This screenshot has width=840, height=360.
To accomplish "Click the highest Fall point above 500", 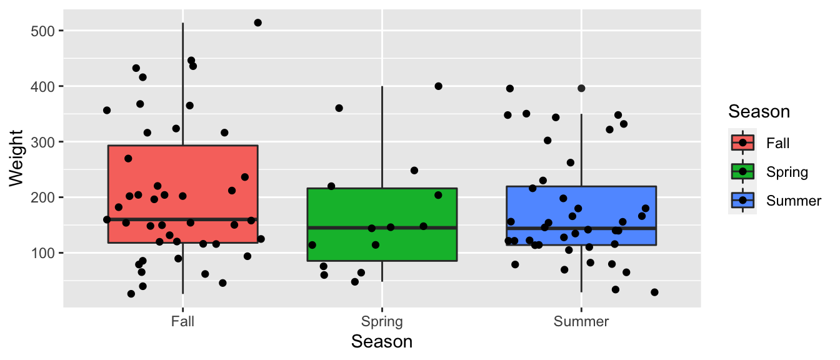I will tap(257, 22).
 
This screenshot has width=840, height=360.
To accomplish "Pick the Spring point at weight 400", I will tap(438, 86).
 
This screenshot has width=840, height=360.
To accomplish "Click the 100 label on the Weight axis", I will tap(43, 253).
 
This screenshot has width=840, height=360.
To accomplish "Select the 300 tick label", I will tap(43, 142).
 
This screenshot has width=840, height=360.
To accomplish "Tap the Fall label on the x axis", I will tap(182, 322).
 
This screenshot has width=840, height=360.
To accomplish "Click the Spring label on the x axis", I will tap(382, 322).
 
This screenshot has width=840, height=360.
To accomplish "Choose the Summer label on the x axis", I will tap(581, 322).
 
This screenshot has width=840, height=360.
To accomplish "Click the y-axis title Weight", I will tap(16, 157).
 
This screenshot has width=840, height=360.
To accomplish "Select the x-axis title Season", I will tap(382, 342).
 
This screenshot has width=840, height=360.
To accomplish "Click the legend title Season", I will tap(759, 112).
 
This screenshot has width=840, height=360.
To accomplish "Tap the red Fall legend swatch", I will tap(742, 142).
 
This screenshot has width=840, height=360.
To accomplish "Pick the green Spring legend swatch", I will tap(742, 171).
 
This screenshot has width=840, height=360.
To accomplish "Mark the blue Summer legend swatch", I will tap(742, 200).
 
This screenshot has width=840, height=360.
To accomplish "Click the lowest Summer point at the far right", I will tap(654, 292).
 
